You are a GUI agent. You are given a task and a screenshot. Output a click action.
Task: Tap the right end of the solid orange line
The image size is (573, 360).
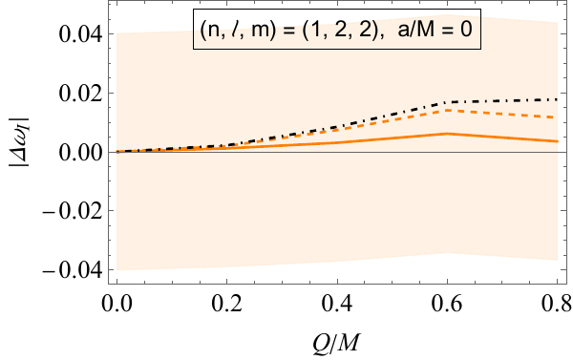coord(558,141)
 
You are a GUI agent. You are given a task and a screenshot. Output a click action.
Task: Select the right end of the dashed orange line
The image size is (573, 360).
coord(558,117)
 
